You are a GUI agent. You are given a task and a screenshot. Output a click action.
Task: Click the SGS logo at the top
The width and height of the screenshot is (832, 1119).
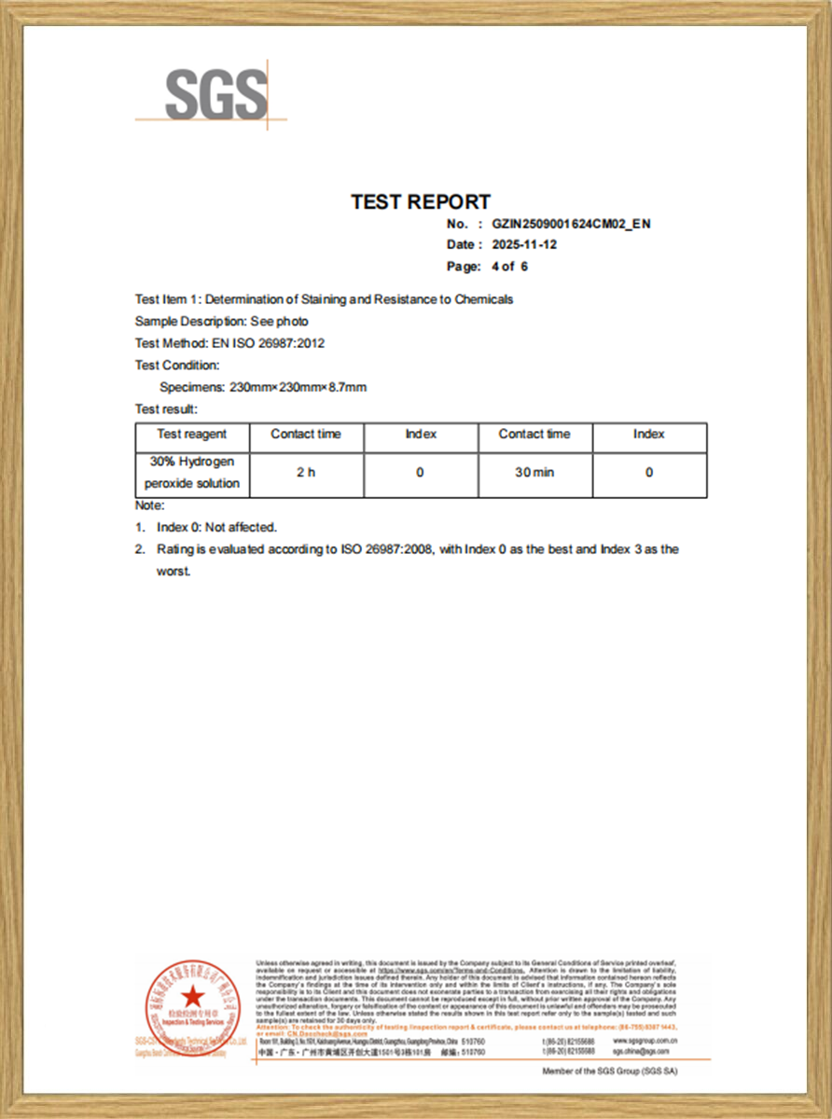pyautogui.click(x=215, y=93)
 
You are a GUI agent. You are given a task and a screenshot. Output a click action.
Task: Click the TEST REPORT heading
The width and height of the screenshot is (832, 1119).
pyautogui.click(x=421, y=201)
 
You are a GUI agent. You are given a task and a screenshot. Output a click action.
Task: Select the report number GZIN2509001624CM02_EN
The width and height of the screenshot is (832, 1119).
pyautogui.click(x=571, y=224)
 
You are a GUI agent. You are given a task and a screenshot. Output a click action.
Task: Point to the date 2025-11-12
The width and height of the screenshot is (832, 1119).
pyautogui.click(x=524, y=245)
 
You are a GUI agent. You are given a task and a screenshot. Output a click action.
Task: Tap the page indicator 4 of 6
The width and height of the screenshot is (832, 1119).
pyautogui.click(x=509, y=267)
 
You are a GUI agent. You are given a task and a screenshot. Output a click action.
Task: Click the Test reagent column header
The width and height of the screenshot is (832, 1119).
pyautogui.click(x=191, y=435)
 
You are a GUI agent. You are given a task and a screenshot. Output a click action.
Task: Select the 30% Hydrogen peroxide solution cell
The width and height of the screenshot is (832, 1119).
pyautogui.click(x=192, y=473)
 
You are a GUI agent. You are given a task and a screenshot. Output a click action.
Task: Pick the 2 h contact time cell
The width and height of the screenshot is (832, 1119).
pyautogui.click(x=306, y=473)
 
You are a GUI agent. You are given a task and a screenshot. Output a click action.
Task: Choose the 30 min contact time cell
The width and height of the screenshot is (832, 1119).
pyautogui.click(x=534, y=473)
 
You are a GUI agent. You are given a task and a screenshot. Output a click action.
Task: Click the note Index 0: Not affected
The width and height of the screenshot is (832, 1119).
pyautogui.click(x=216, y=527)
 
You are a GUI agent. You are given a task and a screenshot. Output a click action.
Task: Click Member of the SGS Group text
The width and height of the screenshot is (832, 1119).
pyautogui.click(x=610, y=1071)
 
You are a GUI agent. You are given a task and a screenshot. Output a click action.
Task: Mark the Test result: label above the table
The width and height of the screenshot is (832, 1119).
pyautogui.click(x=167, y=408)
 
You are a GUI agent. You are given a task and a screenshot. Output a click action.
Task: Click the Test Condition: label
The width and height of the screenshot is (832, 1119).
pyautogui.click(x=177, y=366)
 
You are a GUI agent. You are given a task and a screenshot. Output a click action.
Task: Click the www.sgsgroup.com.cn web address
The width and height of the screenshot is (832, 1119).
pyautogui.click(x=645, y=1040)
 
